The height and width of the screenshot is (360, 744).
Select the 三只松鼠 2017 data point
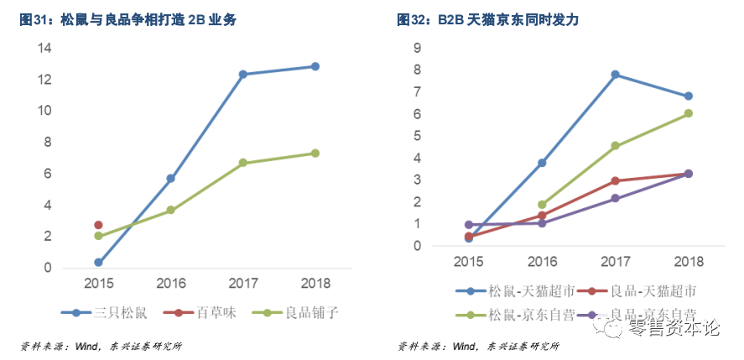click(x=242, y=75)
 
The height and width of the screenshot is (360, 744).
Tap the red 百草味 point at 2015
click(x=99, y=225)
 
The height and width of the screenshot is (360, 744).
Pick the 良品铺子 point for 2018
click(x=315, y=153)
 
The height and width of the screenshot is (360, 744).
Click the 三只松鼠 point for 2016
click(x=171, y=178)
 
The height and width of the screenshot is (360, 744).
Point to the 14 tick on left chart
click(x=44, y=48)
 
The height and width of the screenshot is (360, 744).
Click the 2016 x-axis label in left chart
click(x=170, y=284)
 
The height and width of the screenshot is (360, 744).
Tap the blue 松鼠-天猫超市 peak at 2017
click(x=615, y=75)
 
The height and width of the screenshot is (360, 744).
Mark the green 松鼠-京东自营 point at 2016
click(x=542, y=205)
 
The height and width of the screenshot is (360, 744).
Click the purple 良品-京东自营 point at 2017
click(x=615, y=198)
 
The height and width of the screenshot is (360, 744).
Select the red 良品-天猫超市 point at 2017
click(x=615, y=180)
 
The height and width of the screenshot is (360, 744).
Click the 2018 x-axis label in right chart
click(x=688, y=260)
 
